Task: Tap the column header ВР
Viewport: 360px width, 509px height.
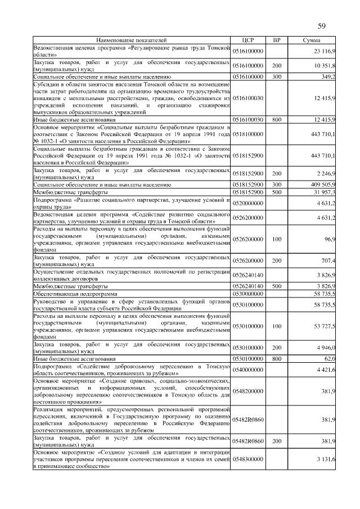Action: pos(276,40)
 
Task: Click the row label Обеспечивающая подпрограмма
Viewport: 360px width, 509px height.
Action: pos(75,294)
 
